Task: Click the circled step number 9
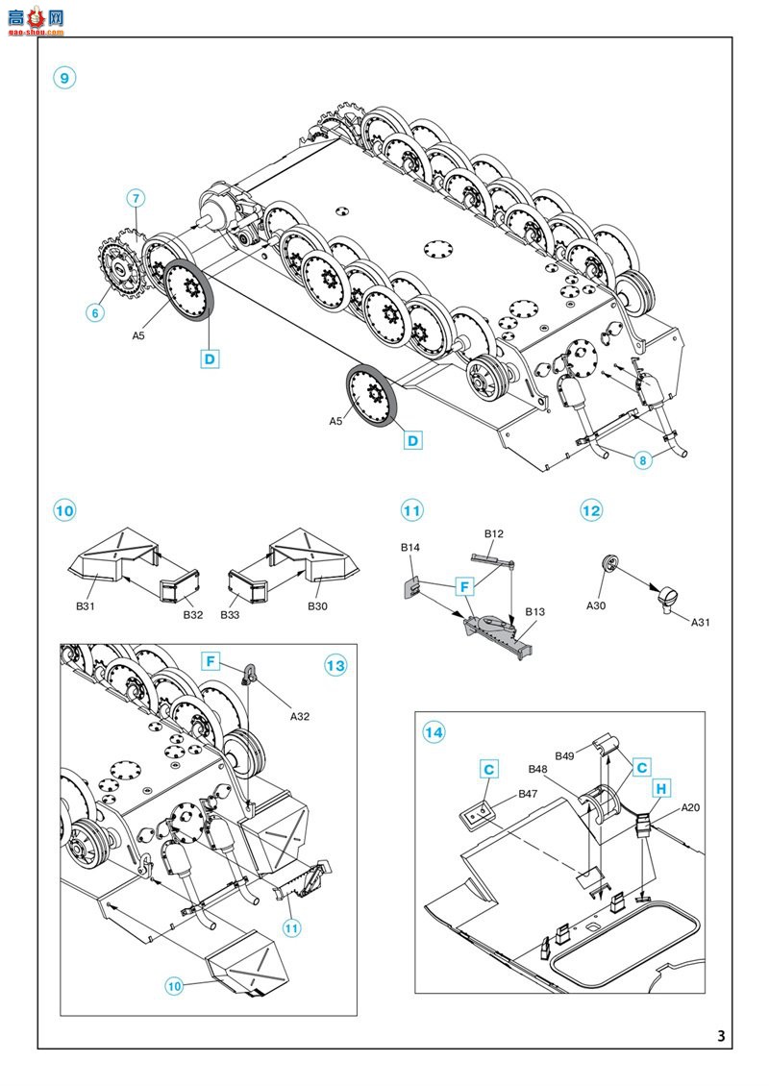(64, 78)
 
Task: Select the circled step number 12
(591, 510)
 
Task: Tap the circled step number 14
(434, 732)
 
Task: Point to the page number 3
(721, 1035)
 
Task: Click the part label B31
(86, 606)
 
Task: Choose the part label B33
(230, 614)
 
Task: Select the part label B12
(494, 533)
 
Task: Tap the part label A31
(701, 622)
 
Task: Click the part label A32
(299, 716)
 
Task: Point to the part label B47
(528, 794)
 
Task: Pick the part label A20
(691, 807)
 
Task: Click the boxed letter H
(661, 789)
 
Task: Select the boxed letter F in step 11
(465, 586)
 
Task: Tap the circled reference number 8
(643, 460)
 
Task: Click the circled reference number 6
(95, 312)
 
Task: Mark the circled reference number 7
(136, 198)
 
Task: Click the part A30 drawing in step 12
(608, 564)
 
